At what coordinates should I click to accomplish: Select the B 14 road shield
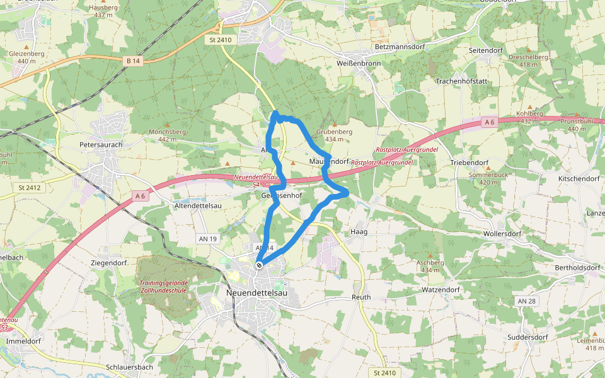pos(132,60)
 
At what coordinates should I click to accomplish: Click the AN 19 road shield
pos(207,239)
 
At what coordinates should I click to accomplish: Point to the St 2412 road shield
pos(30,187)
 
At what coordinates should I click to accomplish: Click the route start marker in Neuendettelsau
pos(259,265)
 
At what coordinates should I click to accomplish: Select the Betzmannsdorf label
pos(398,47)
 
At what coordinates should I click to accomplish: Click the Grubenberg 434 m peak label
pos(334,135)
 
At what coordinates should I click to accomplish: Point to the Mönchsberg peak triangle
pos(167,124)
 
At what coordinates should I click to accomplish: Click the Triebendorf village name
pos(470,163)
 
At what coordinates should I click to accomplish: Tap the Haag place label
pos(358,232)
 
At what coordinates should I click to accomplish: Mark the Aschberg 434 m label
pos(430,266)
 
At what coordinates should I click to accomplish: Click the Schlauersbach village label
pos(130,367)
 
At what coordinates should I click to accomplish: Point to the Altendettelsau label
pos(197,206)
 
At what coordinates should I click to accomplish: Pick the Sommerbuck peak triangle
pos(488,166)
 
